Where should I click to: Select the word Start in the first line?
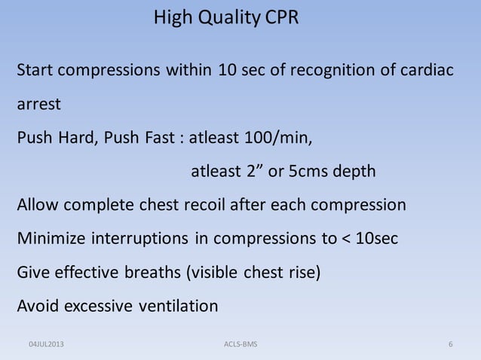(35, 72)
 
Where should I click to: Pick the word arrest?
(39, 105)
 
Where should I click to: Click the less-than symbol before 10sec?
(347, 239)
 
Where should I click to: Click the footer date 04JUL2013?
(47, 344)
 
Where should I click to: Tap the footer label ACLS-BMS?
(240, 344)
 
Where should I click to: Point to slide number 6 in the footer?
(450, 344)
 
